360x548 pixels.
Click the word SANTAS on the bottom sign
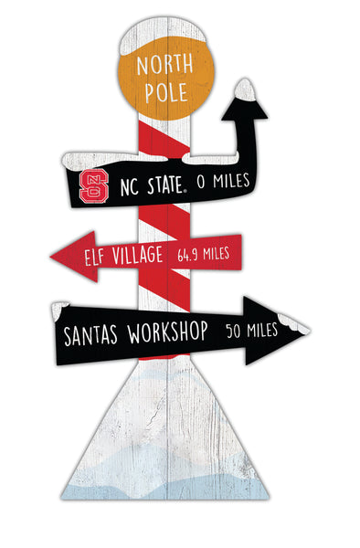pyautogui.click(x=94, y=333)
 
